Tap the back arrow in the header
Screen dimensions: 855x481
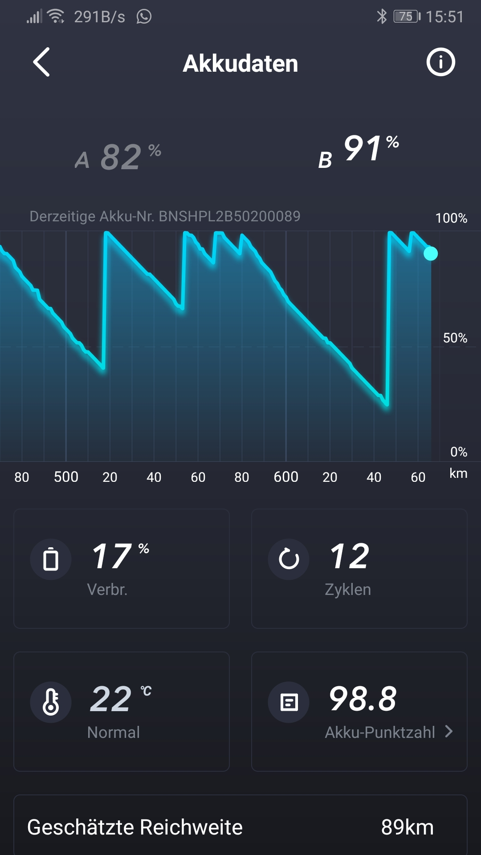41,62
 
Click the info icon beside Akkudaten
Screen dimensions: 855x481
440,62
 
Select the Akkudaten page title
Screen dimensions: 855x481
240,63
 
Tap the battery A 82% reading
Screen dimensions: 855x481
118,157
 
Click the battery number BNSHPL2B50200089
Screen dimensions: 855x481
229,216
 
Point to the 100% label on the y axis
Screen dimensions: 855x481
451,218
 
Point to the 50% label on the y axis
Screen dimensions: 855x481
455,338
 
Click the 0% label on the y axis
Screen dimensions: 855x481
458,452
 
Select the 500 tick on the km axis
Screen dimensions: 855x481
66,477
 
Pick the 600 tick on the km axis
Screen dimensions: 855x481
286,477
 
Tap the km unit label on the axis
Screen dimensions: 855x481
458,473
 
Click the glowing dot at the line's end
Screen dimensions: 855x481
431,253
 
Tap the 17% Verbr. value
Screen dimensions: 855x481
119,557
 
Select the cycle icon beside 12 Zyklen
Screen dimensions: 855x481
289,559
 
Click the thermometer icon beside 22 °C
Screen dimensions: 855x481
51,702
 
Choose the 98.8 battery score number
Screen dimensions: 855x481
363,699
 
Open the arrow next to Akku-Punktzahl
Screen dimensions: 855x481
449,731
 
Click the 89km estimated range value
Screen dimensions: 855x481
407,827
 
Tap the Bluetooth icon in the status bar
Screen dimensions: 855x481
382,17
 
